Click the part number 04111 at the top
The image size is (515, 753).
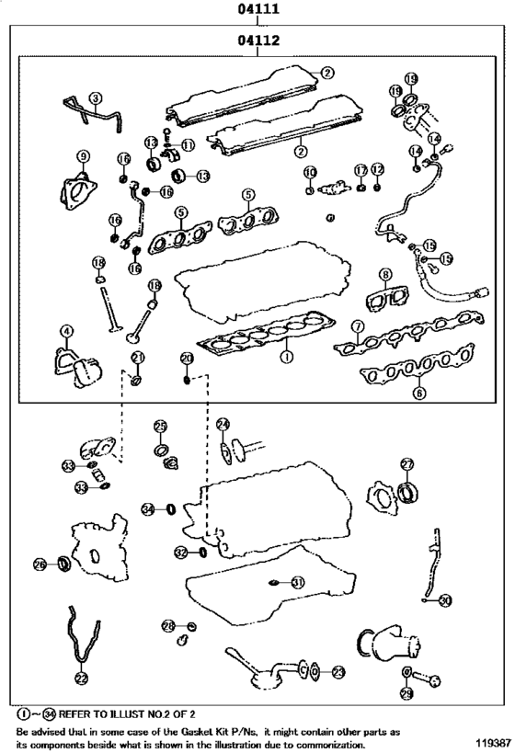pos(257,11)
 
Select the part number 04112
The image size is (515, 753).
pos(257,41)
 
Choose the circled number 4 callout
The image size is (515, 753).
pos(65,331)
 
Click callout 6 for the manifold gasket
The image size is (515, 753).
pos(419,393)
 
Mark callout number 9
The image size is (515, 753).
pos(83,156)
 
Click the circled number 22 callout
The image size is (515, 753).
pos(81,679)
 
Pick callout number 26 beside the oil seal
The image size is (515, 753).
pos(40,564)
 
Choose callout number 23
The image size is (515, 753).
pos(338,672)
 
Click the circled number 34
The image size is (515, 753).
pos(148,508)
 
